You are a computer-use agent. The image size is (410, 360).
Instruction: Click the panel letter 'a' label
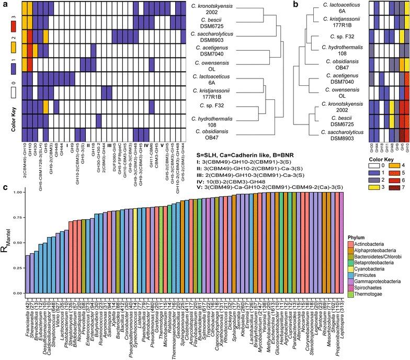[4, 5]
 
